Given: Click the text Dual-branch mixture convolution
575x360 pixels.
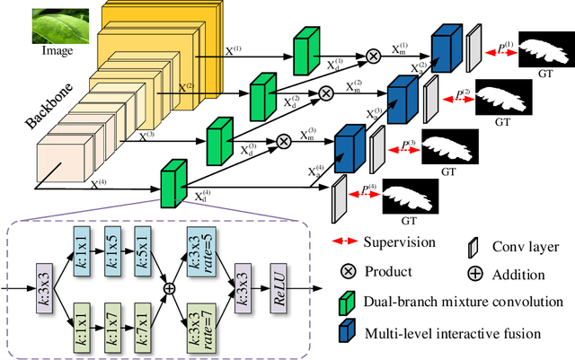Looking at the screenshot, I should click(x=462, y=303).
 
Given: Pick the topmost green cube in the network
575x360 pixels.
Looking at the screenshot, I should click(x=305, y=46).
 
